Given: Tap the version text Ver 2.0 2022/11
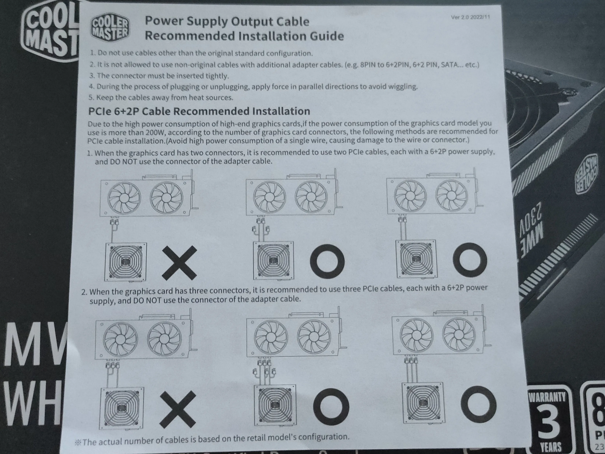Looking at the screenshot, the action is [470, 17].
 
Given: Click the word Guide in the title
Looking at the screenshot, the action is [326, 36].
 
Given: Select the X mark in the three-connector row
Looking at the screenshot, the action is [178, 409].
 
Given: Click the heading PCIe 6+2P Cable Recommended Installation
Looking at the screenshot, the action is [199, 111].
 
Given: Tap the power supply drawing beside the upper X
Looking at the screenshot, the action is [126, 262].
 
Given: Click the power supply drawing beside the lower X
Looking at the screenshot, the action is [122, 408].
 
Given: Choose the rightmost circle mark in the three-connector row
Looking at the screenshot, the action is [478, 404].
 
